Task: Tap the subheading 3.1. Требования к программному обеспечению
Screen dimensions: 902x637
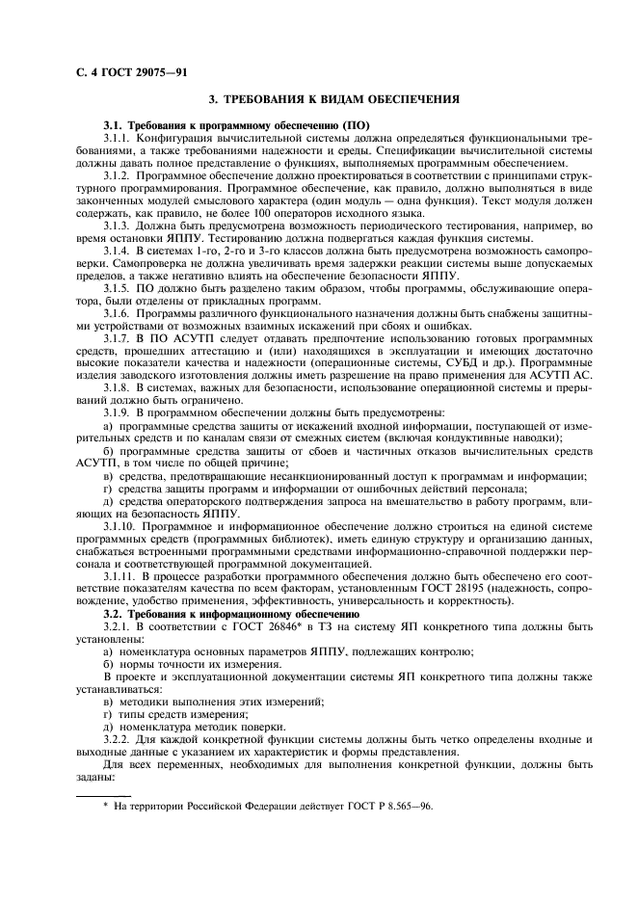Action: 237,127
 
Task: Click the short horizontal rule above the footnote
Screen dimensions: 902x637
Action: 103,795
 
